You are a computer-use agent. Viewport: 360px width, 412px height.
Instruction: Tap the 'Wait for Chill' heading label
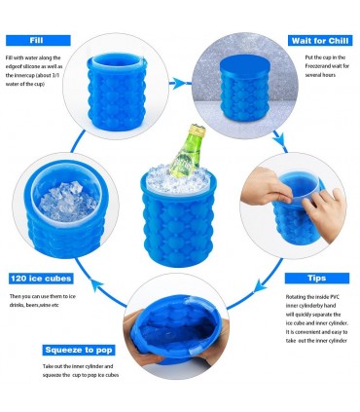click(320, 41)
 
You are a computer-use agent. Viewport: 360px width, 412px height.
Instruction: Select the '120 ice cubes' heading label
click(41, 277)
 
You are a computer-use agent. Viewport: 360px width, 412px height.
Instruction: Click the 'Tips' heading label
click(320, 278)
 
